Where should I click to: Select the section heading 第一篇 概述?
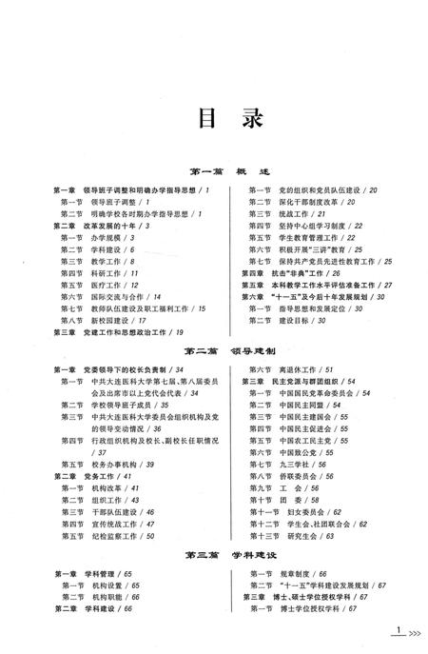pos(213,170)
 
